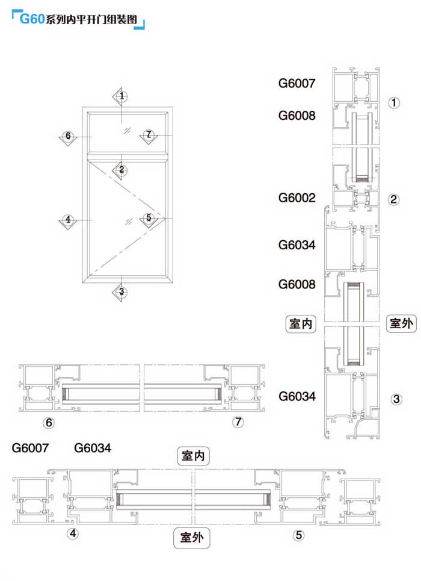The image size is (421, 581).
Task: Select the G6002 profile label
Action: click(x=297, y=197)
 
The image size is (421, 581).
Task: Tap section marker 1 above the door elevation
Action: click(x=121, y=96)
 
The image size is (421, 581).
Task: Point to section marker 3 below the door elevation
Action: click(x=121, y=292)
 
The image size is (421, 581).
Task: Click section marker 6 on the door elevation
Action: click(x=68, y=136)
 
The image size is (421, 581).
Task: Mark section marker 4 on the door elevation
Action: click(x=68, y=220)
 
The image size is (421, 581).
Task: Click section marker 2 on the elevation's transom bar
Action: click(x=121, y=170)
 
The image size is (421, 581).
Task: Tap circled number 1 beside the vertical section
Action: click(x=394, y=102)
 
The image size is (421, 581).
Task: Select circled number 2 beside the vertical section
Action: click(x=394, y=200)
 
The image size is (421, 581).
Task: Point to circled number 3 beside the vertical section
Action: click(x=396, y=399)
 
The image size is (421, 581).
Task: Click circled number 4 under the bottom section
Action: click(x=73, y=533)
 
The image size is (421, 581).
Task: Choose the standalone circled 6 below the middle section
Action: click(x=49, y=423)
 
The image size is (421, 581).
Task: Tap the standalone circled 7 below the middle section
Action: click(x=239, y=422)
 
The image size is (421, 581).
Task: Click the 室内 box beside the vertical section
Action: click(x=301, y=323)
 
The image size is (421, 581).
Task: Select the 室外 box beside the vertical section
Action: click(x=401, y=323)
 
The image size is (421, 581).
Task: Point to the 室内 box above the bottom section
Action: click(x=192, y=456)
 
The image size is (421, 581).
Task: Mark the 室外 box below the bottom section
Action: click(x=192, y=538)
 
